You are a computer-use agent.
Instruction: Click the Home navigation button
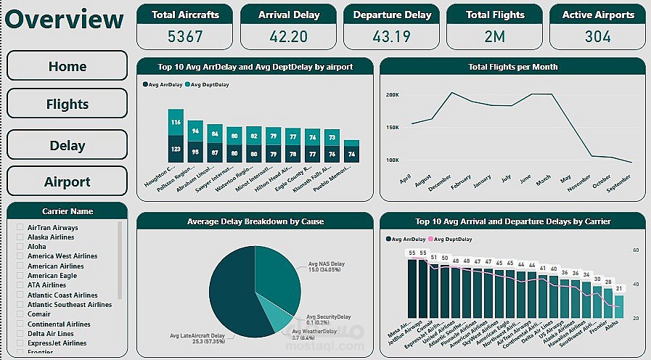[x=67, y=66]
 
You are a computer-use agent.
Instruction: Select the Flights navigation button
[x=67, y=104]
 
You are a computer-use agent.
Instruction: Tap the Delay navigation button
[x=67, y=145]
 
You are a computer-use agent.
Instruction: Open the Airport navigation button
[x=67, y=181]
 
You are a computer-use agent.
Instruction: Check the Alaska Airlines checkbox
[x=20, y=237]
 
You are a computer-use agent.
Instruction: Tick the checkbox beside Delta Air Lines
[x=20, y=334]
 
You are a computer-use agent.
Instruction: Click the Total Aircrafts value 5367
[x=185, y=36]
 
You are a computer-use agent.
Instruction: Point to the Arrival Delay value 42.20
[x=288, y=36]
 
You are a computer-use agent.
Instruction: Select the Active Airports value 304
[x=597, y=36]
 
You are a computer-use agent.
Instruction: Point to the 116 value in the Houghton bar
[x=176, y=122]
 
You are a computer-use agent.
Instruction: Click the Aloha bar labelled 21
[x=618, y=306]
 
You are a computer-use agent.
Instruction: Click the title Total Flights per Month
[x=512, y=67]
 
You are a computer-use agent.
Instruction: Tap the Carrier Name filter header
[x=67, y=211]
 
